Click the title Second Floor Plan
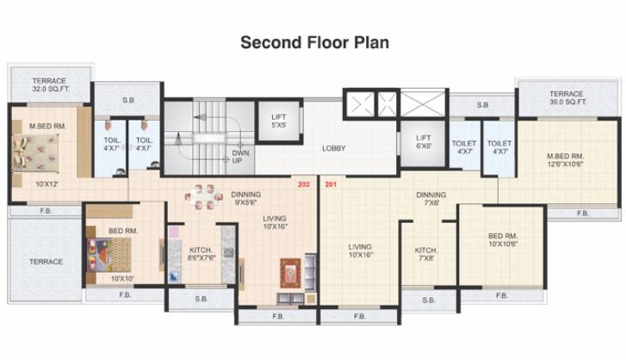coord(313,41)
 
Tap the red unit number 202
coord(303,184)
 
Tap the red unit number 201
coord(331,184)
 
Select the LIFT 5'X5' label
coord(278,121)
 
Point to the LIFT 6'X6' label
coord(423,142)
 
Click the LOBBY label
coord(334,148)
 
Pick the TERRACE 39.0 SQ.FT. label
coord(567,97)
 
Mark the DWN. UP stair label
coord(241,157)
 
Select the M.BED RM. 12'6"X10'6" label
coord(567,160)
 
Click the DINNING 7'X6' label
coord(431,198)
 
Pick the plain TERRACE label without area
coord(46,262)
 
